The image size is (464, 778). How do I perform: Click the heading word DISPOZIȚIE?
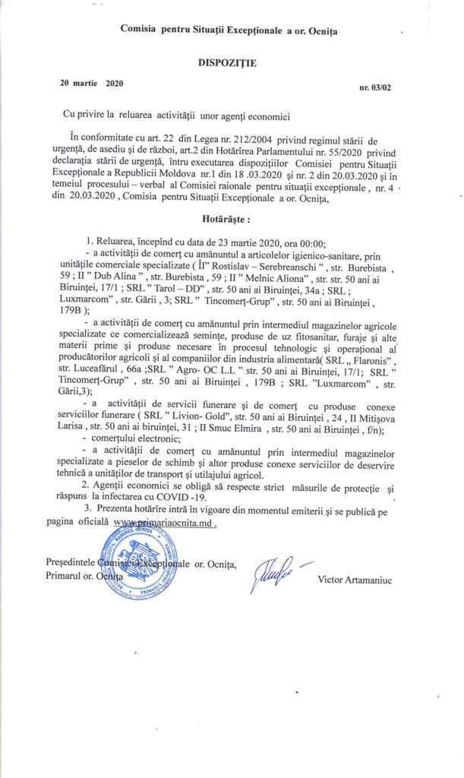(227, 63)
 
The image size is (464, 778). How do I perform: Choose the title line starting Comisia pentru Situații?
(229, 30)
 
